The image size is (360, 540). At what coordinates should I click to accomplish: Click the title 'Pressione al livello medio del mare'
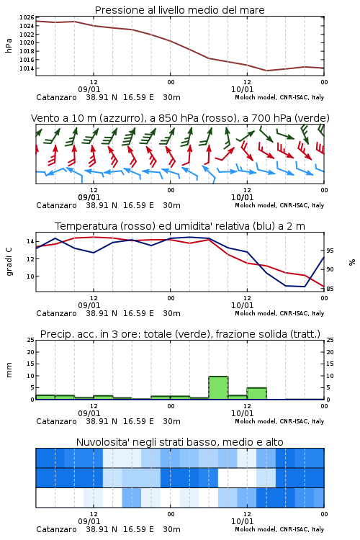click(179, 10)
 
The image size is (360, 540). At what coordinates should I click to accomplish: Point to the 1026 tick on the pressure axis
click(27, 17)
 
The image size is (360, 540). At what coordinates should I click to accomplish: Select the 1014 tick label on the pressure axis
click(27, 68)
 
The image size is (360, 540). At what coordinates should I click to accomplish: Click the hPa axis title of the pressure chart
click(9, 45)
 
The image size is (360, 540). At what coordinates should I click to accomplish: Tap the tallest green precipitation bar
click(218, 388)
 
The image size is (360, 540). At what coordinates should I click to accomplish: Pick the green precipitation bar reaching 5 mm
click(256, 394)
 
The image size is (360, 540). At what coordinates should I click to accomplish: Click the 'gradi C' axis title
click(9, 261)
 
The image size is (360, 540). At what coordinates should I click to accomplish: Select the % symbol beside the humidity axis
click(352, 262)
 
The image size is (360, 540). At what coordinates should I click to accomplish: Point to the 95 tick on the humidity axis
click(330, 251)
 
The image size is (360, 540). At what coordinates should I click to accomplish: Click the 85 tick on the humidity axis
click(330, 289)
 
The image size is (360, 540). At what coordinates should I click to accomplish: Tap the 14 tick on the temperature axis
click(30, 241)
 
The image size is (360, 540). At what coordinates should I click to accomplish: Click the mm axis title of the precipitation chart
click(9, 370)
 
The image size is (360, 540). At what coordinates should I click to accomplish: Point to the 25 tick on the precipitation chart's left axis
click(30, 341)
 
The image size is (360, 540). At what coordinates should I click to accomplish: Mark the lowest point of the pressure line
click(266, 71)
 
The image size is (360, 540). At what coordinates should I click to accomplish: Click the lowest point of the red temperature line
click(324, 287)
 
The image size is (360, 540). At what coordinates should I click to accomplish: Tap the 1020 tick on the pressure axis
click(27, 43)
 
